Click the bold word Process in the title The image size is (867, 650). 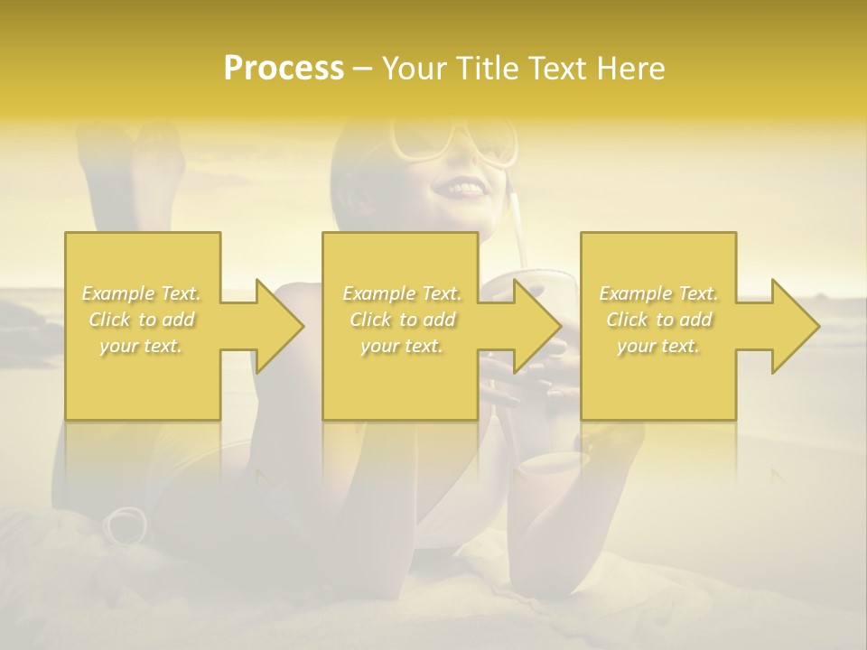284,69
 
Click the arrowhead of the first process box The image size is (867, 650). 280,326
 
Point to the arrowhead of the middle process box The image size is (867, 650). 537,326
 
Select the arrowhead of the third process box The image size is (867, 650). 795,326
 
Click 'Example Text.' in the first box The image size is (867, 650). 142,293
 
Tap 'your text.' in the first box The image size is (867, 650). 142,346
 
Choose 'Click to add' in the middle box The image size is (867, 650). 402,320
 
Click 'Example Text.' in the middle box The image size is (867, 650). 402,293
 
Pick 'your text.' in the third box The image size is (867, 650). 658,346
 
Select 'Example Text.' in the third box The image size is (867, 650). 658,293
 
